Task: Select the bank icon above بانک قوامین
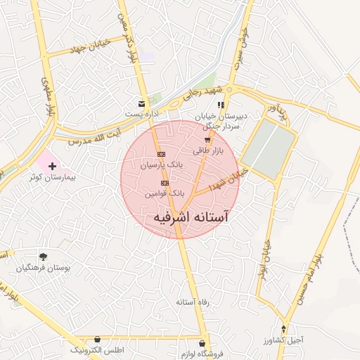[165, 183]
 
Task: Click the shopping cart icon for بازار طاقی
[207, 141]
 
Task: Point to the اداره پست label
[141, 112]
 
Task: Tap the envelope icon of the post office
[142, 103]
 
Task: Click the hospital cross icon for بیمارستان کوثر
[53, 165]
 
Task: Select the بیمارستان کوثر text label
[53, 178]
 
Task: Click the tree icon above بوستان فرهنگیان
[44, 257]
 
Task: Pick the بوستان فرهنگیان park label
[44, 269]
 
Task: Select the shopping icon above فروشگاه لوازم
[202, 344]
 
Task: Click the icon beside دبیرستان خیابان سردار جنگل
[221, 105]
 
